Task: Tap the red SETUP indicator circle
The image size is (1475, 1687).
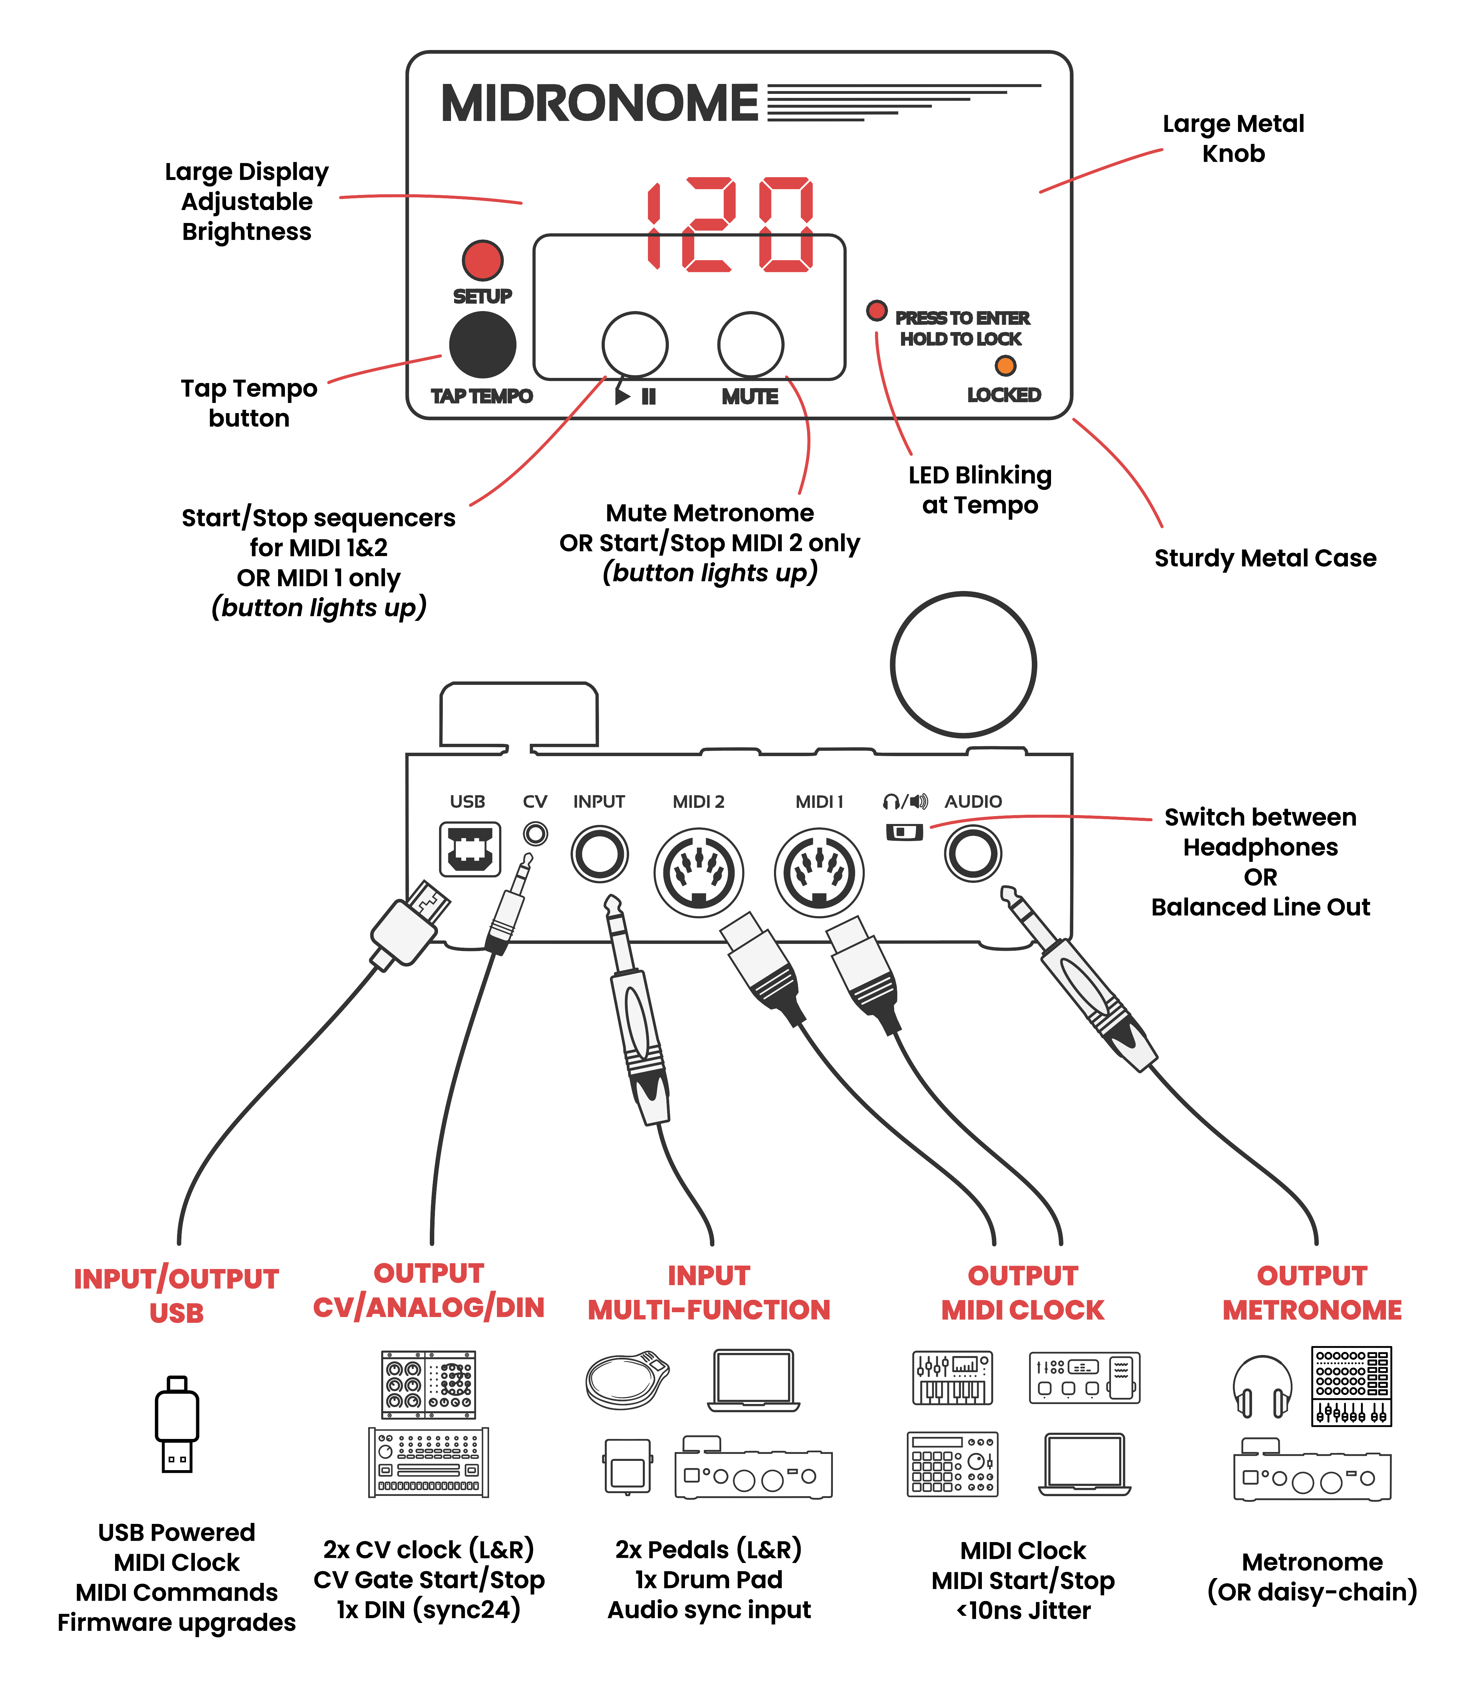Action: [482, 260]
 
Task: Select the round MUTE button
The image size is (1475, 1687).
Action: [750, 344]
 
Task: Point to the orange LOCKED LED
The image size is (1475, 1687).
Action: [1005, 366]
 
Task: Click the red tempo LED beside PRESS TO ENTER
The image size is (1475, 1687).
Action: [877, 310]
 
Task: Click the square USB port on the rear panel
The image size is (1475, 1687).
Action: [469, 849]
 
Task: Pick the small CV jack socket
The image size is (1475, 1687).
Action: [535, 834]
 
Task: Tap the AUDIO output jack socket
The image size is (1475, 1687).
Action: [973, 854]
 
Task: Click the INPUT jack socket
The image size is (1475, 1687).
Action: [599, 854]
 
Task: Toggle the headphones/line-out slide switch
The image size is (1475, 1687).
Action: [904, 832]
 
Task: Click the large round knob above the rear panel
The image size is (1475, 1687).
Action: [963, 664]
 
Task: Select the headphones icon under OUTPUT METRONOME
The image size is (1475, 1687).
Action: [1262, 1387]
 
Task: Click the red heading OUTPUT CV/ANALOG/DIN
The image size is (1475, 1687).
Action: [428, 1290]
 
